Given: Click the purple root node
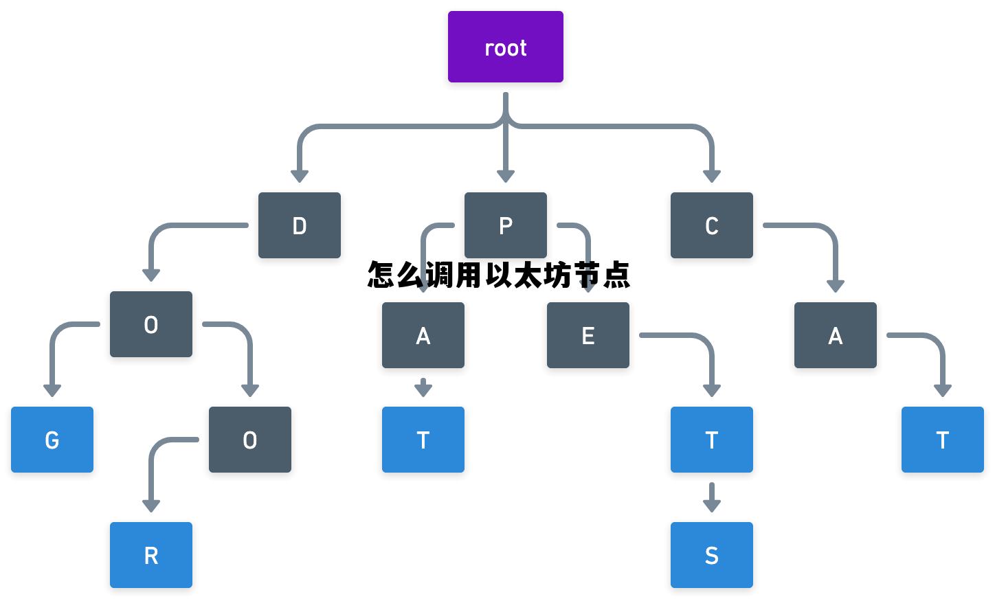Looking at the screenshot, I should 506,47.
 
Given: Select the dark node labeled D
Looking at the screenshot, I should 300,225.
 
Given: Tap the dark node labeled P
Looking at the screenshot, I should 506,225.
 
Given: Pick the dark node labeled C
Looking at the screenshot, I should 712,225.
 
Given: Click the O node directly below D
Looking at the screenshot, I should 151,324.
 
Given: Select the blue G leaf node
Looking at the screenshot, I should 52,440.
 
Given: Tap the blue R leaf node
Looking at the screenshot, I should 151,555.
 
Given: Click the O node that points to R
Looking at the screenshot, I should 250,440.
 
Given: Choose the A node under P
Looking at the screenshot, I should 423,335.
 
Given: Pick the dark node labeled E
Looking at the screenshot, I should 588,335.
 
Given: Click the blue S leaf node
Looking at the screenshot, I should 712,555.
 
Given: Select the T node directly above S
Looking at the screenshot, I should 712,440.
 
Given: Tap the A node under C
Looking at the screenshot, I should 836,335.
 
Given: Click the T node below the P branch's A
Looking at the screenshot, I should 423,440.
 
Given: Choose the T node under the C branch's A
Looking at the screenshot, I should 943,440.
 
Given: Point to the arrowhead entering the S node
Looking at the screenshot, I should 712,506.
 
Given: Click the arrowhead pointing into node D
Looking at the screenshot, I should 300,176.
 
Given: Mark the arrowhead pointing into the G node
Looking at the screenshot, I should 52,390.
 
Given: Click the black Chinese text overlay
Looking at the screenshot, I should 499,275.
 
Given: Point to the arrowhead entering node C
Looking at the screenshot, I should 712,176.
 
